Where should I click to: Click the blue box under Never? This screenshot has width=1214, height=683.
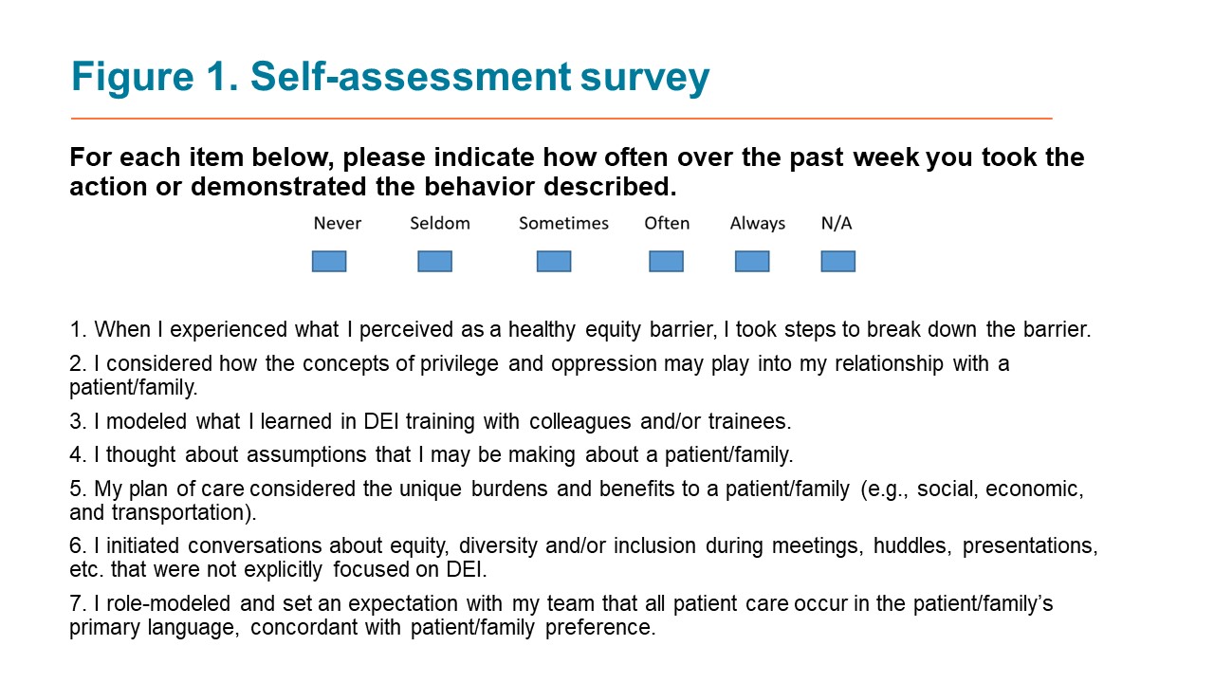pyautogui.click(x=329, y=261)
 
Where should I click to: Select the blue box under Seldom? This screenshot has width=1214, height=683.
pyautogui.click(x=434, y=261)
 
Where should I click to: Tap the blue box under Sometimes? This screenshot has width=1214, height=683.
pyautogui.click(x=554, y=261)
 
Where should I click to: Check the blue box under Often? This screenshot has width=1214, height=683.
pyautogui.click(x=666, y=261)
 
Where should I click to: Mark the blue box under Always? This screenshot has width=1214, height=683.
pyautogui.click(x=752, y=261)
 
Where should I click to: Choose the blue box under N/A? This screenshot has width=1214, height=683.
pyautogui.click(x=837, y=261)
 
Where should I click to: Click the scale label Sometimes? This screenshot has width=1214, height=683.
pyautogui.click(x=563, y=223)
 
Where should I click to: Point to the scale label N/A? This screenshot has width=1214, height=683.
pyautogui.click(x=837, y=223)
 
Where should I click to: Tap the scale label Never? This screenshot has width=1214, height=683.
pyautogui.click(x=337, y=223)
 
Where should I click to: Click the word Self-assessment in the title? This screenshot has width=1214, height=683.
pyautogui.click(x=411, y=76)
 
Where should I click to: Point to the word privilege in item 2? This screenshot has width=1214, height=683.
pyautogui.click(x=459, y=363)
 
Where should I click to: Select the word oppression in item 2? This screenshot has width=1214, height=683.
pyautogui.click(x=604, y=363)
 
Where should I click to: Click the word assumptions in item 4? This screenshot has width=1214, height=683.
pyautogui.click(x=306, y=454)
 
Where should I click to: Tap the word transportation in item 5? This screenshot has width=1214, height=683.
pyautogui.click(x=184, y=512)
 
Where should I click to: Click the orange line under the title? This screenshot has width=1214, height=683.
pyautogui.click(x=561, y=118)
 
